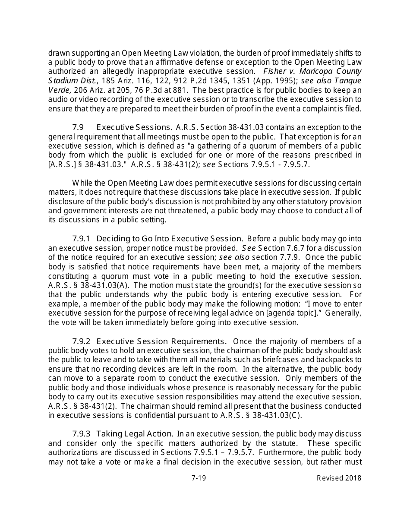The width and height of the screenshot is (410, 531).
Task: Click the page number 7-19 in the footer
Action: [x=199, y=478]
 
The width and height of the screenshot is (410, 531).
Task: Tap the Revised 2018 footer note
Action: [x=339, y=478]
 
